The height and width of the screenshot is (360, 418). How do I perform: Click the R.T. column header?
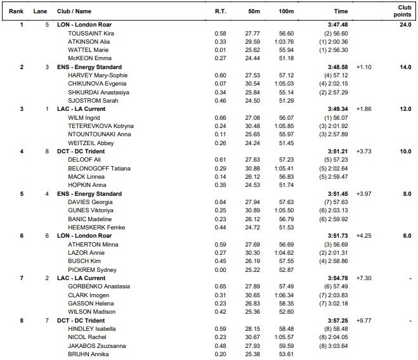click(220, 11)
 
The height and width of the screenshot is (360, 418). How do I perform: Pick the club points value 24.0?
click(406, 25)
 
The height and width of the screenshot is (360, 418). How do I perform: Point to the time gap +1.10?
click(364, 67)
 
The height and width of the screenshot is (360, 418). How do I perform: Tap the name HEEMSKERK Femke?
click(91, 226)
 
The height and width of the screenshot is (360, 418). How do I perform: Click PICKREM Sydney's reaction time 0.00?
click(220, 269)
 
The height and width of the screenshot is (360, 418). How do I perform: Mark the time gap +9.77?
click(364, 320)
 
